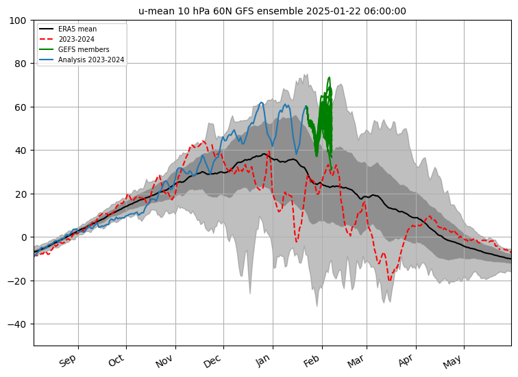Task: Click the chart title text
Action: point(272,11)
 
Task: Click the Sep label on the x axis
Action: point(69,360)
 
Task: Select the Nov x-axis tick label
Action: point(166,360)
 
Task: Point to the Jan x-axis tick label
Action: point(264,360)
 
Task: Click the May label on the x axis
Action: point(454,360)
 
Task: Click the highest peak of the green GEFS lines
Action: point(329,77)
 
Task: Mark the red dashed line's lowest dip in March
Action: point(389,281)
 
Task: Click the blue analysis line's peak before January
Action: point(262,103)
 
